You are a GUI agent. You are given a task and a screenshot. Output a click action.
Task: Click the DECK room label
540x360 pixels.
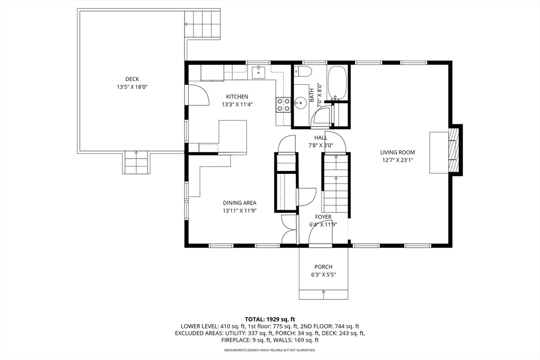click(x=132, y=79)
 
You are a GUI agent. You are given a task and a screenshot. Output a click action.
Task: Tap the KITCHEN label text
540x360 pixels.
click(x=237, y=96)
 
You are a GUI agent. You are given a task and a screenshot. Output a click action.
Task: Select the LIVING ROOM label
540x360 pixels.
click(x=398, y=152)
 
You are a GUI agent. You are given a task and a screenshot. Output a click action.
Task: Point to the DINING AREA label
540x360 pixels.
click(x=240, y=203)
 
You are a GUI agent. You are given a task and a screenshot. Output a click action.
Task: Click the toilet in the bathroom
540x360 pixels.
click(x=303, y=72)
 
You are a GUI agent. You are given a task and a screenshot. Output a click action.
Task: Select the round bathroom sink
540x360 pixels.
click(x=300, y=103)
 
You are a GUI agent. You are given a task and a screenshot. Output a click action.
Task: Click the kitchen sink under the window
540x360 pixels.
click(x=258, y=72)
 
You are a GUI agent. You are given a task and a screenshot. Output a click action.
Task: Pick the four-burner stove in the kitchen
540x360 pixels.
click(x=283, y=105)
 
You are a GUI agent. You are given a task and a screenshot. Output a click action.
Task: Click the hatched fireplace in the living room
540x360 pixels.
click(x=454, y=150)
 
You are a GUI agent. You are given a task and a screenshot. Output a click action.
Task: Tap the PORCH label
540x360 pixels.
click(x=323, y=267)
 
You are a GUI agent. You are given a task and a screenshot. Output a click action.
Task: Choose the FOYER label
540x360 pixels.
click(x=323, y=217)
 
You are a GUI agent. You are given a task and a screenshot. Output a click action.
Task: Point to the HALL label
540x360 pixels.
click(x=321, y=138)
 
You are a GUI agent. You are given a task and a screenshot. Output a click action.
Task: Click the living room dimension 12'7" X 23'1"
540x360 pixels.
click(x=398, y=160)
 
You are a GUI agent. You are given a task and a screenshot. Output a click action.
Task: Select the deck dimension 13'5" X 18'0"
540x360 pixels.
click(x=132, y=87)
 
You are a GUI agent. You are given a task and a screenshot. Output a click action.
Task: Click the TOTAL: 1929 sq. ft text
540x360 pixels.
click(x=270, y=319)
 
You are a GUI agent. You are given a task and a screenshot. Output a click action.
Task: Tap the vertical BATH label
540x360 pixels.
click(x=312, y=95)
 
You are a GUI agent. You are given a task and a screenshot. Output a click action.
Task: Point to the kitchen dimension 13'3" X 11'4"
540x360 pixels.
click(x=237, y=105)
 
